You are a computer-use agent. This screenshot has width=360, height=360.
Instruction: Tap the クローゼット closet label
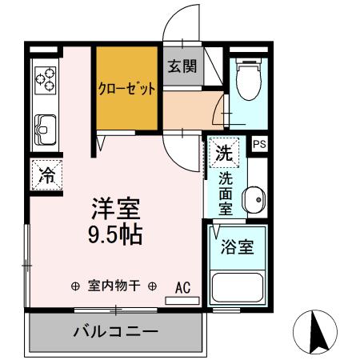[x=126, y=88]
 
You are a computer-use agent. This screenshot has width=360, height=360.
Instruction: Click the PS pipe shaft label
[x=259, y=145]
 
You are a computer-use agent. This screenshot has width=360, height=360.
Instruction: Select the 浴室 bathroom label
[x=238, y=246]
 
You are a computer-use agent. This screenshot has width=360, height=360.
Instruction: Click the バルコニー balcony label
[x=115, y=331]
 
